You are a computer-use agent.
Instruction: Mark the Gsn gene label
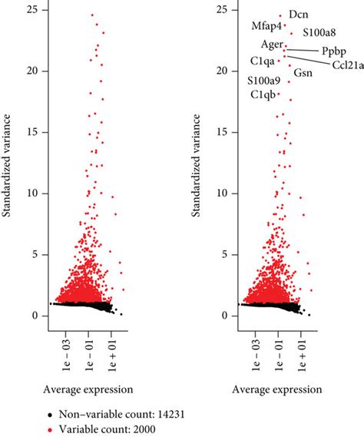tap(303, 73)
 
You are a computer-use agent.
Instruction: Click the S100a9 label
tap(263, 80)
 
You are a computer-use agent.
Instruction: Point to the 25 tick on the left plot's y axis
tap(35, 10)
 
